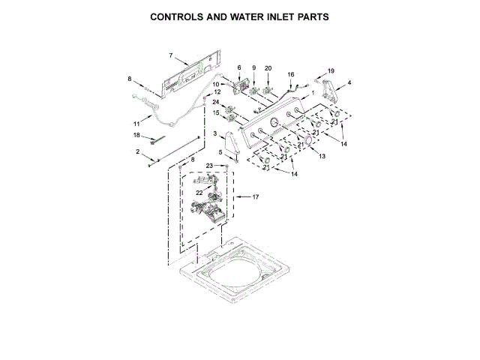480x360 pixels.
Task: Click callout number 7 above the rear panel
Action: coord(171,55)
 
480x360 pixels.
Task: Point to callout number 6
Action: coord(238,67)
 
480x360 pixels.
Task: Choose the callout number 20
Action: coord(268,67)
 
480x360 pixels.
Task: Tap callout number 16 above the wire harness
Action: coord(292,75)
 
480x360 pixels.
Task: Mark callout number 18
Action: coord(136,136)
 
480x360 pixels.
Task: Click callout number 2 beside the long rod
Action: coord(137,152)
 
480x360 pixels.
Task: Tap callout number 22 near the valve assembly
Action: coord(199,193)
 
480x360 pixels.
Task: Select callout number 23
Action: coord(211,165)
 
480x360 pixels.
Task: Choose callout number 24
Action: coord(215,102)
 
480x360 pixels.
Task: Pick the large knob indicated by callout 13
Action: coord(306,142)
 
